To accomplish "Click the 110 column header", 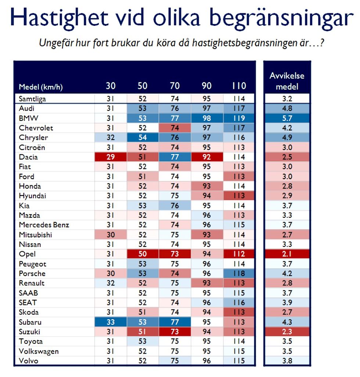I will click(239, 86).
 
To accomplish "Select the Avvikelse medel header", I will click(287, 81).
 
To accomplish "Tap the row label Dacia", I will click(28, 157).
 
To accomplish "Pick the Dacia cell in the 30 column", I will click(111, 157).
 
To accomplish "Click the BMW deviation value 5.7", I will click(287, 118).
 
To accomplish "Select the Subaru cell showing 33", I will click(111, 322).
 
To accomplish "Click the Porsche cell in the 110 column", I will click(239, 274).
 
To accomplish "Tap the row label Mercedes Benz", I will click(44, 225).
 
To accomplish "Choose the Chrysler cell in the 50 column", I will click(143, 137).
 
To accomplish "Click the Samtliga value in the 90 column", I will click(207, 98).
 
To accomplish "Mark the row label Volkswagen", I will click(38, 351).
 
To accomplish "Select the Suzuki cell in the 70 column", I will click(175, 332).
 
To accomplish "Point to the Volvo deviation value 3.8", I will click(287, 361).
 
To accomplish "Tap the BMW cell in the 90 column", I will click(207, 118).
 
